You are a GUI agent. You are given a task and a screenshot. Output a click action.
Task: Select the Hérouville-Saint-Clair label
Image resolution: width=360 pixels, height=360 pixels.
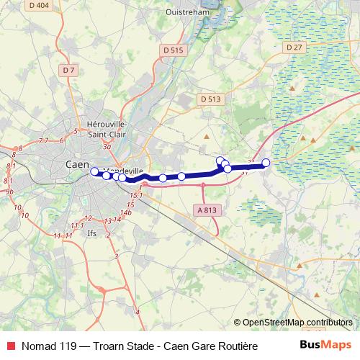pyautogui.click(x=107, y=127)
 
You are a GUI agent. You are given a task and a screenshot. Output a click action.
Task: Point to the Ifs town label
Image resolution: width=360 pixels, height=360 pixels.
pyautogui.click(x=91, y=233)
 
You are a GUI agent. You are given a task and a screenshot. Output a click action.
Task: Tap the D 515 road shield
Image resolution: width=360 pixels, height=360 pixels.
pyautogui.click(x=174, y=50)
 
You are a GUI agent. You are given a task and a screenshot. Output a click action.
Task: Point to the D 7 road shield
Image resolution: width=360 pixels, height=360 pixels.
pyautogui.click(x=68, y=70)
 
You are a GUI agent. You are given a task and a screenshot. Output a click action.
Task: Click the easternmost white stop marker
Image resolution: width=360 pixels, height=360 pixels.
pyautogui.click(x=266, y=163)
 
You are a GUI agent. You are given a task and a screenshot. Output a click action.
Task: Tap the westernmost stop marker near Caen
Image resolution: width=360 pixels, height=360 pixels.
pyautogui.click(x=94, y=171)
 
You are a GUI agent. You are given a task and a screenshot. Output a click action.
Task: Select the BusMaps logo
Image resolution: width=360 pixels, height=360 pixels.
pyautogui.click(x=324, y=345)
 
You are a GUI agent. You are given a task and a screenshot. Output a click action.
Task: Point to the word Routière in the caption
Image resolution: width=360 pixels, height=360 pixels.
pyautogui.click(x=235, y=346)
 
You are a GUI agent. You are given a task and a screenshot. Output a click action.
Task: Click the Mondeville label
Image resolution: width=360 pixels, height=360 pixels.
pyautogui.click(x=116, y=165)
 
